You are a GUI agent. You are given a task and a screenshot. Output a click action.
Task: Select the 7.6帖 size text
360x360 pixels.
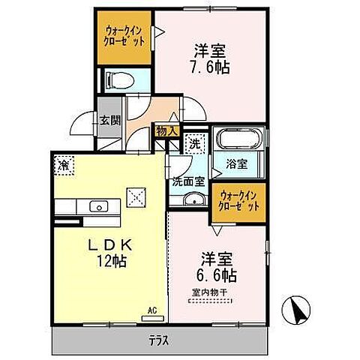click(211, 67)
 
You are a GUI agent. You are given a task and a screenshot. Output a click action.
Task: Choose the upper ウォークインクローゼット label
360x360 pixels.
click(127, 35)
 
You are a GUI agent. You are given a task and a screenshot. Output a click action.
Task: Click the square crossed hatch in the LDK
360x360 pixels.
click(136, 196)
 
